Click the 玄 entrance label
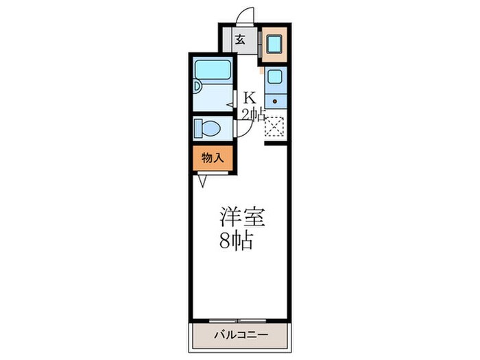pyautogui.click(x=240, y=39)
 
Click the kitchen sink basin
pyautogui.click(x=275, y=77)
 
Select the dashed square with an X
pyautogui.click(x=274, y=128)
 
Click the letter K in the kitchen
pyautogui.click(x=250, y=99)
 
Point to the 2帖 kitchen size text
pyautogui.click(x=251, y=115)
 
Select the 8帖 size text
pyautogui.click(x=237, y=241)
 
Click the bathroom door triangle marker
pyautogui.click(x=231, y=104)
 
